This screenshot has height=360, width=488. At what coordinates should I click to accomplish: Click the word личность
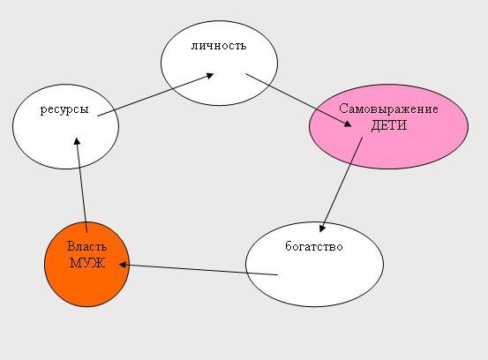(219, 46)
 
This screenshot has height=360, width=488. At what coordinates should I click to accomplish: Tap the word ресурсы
(64, 109)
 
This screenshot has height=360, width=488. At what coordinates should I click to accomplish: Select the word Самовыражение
(388, 109)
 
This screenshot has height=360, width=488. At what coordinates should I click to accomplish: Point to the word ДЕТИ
(389, 125)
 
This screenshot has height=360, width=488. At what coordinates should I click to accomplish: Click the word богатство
(314, 246)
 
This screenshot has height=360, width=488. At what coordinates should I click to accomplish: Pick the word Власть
(86, 246)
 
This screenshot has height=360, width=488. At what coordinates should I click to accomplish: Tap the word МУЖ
(86, 263)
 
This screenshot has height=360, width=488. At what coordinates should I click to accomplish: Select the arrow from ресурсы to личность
(155, 95)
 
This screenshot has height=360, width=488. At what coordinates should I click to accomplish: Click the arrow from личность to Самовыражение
(298, 100)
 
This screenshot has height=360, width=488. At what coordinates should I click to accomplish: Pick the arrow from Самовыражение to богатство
(342, 184)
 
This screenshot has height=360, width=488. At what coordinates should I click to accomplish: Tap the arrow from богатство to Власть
(199, 269)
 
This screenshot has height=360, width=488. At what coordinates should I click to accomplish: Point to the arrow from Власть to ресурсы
(81, 185)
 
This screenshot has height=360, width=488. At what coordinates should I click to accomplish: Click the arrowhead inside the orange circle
(123, 265)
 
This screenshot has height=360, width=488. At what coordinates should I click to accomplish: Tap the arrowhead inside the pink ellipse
(348, 124)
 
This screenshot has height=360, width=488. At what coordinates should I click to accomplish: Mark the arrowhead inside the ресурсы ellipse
(77, 141)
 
